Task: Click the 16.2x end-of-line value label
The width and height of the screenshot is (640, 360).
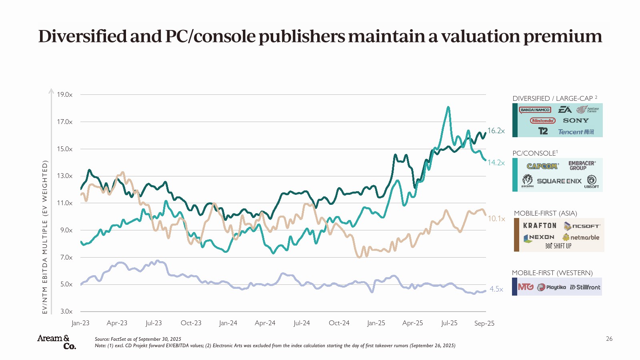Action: pyautogui.click(x=496, y=131)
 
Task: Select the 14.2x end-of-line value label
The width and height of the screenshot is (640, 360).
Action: pyautogui.click(x=496, y=163)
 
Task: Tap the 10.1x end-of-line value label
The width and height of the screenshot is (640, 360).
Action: pyautogui.click(x=496, y=219)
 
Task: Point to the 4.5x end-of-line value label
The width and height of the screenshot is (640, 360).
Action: pyautogui.click(x=496, y=289)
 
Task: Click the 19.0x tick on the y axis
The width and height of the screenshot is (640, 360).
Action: pyautogui.click(x=64, y=95)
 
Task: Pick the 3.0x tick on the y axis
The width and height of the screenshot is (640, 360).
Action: pyautogui.click(x=66, y=311)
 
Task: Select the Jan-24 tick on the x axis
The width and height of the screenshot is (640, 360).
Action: pyautogui.click(x=228, y=323)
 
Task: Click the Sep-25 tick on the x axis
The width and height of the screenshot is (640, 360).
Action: pyautogui.click(x=484, y=323)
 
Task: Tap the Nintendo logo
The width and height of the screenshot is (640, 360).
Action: pyautogui.click(x=543, y=120)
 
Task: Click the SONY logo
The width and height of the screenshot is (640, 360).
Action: pyautogui.click(x=576, y=120)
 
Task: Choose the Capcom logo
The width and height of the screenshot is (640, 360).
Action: pyautogui.click(x=542, y=166)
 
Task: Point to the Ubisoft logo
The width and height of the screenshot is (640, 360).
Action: pyautogui.click(x=592, y=181)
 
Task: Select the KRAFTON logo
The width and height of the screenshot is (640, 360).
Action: pyautogui.click(x=540, y=226)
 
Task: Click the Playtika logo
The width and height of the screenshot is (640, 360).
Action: pyautogui.click(x=552, y=287)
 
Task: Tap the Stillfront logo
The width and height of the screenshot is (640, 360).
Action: pyautogui.click(x=585, y=287)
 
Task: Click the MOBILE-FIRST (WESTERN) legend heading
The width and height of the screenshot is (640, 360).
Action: pyautogui.click(x=552, y=273)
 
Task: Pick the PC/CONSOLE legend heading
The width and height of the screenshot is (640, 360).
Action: pyautogui.click(x=535, y=153)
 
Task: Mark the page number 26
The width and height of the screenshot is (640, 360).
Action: pyautogui.click(x=609, y=339)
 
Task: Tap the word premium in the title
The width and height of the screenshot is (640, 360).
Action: pyautogui.click(x=562, y=36)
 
